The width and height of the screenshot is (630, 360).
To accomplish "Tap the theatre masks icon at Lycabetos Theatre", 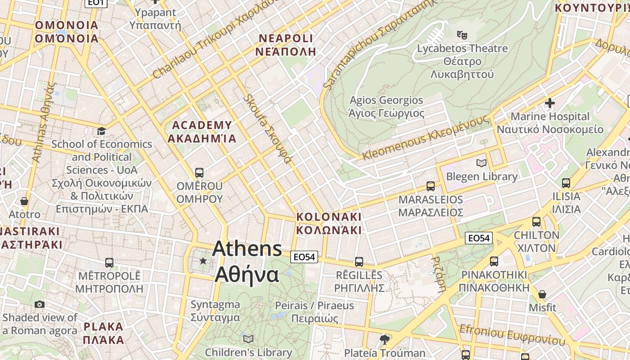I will [462, 35].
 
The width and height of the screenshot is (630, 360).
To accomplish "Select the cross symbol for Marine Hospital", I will [549, 103].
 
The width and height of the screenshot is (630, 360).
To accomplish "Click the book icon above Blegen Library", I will [481, 163].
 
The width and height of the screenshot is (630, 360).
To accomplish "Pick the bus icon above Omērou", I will [199, 172].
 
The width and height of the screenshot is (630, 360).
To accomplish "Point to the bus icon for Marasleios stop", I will [431, 186].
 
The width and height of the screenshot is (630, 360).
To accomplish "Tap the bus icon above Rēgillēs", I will [359, 261].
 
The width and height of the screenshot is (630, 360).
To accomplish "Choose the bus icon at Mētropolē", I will [109, 262].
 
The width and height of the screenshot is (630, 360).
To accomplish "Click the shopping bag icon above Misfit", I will [542, 294].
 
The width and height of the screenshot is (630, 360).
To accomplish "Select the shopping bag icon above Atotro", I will [24, 201].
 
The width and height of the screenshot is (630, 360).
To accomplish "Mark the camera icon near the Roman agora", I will [40, 304].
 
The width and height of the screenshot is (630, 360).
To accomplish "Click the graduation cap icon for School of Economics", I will [102, 131].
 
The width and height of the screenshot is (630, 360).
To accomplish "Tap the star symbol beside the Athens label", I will [203, 261].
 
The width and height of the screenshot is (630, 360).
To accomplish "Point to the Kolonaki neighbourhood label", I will [328, 223].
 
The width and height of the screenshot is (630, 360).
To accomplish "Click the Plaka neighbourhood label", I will [103, 333].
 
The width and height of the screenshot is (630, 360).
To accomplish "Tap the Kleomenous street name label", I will [425, 138].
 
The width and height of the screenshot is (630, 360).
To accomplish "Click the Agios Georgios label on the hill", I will [386, 106].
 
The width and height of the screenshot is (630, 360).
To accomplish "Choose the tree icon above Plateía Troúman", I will [384, 339].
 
